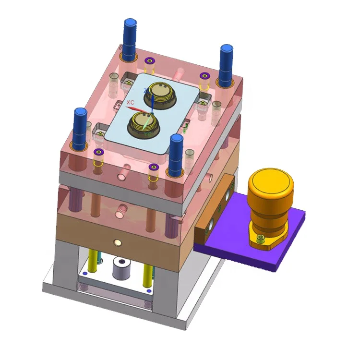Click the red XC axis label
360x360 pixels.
pyautogui.click(x=130, y=103)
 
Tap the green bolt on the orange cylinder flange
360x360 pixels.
pyautogui.click(x=260, y=239)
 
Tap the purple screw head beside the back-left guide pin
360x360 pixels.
pyautogui.click(x=149, y=60)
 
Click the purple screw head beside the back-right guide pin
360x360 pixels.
pyautogui.click(x=204, y=75)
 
